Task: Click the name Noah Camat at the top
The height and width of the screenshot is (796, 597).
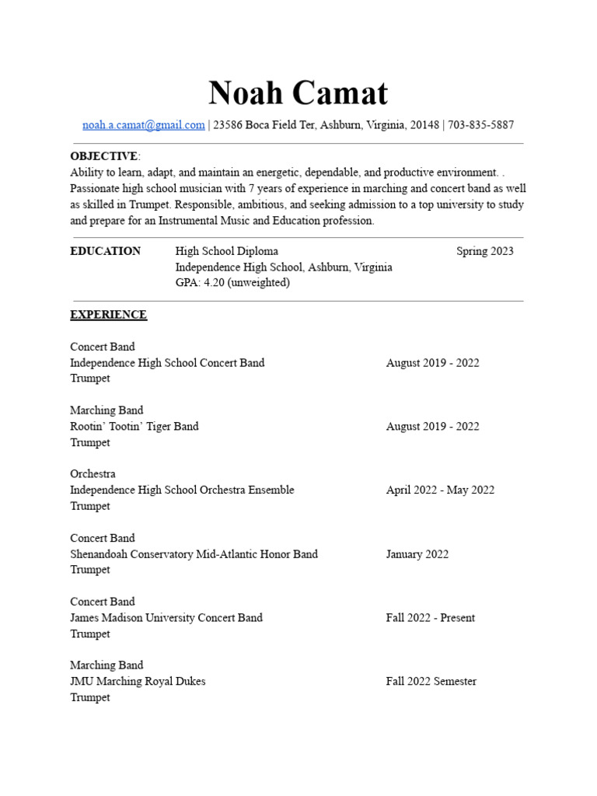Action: click(298, 94)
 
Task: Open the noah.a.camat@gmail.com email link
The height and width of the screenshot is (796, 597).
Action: click(144, 124)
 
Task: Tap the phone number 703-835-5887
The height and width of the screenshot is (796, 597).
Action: click(481, 124)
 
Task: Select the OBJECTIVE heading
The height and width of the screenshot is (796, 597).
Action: click(103, 156)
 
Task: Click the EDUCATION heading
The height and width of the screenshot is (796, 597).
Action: click(106, 251)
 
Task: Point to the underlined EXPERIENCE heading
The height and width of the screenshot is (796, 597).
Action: click(108, 315)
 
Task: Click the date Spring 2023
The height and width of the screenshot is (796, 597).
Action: click(484, 251)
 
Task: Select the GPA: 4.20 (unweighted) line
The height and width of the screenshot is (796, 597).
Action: click(232, 283)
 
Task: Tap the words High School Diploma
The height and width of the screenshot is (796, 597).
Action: click(227, 251)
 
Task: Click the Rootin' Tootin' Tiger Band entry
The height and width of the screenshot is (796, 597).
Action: click(134, 426)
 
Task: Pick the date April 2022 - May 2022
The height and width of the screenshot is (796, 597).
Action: click(440, 490)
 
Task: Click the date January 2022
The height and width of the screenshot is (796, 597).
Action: click(417, 554)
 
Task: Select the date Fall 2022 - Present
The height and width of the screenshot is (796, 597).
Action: click(431, 618)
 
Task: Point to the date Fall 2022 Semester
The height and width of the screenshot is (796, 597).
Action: click(431, 682)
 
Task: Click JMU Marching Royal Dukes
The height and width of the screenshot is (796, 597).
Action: click(138, 682)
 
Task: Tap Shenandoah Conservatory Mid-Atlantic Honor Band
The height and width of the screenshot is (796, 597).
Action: click(194, 554)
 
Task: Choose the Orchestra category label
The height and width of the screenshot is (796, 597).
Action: click(93, 474)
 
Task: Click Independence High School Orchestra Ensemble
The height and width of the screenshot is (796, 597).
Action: click(182, 490)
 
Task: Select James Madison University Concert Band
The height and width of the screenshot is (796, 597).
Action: click(166, 618)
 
